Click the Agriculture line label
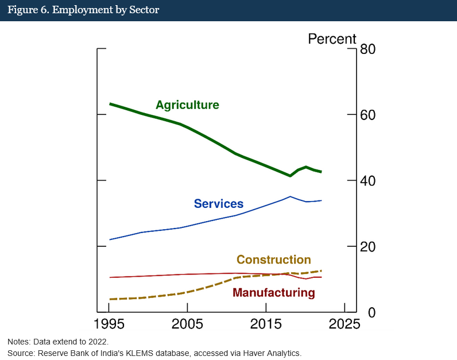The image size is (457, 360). (187, 105)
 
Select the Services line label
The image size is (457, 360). (218, 204)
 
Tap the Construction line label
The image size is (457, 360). (273, 260)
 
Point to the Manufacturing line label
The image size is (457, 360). (273, 293)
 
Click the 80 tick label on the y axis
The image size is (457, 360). (367, 49)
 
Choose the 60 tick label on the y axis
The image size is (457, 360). (367, 115)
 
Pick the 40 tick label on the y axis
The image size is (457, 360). (367, 181)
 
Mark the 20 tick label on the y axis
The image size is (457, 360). (367, 246)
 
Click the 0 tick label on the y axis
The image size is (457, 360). (363, 312)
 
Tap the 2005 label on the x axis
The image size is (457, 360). (187, 323)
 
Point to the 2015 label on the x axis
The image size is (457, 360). (266, 323)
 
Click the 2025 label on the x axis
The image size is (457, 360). (344, 323)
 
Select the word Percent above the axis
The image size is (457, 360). (332, 39)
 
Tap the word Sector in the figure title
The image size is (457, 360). (146, 10)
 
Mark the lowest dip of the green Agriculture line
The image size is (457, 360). (290, 176)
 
